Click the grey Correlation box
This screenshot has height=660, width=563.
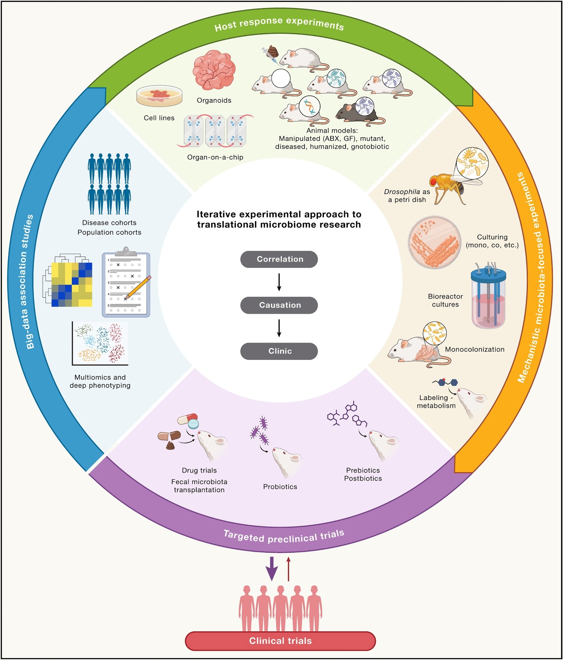click(x=279, y=259)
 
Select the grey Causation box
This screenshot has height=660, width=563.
click(x=279, y=305)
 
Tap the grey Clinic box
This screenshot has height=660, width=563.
click(x=279, y=351)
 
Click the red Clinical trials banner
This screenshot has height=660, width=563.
click(x=280, y=641)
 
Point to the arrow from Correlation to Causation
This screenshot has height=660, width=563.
click(x=279, y=282)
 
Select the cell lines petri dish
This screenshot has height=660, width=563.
click(x=159, y=96)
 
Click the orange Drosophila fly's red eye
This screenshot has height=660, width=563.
click(x=433, y=181)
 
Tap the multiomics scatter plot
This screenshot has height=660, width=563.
click(x=100, y=343)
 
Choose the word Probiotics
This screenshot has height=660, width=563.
click(x=280, y=487)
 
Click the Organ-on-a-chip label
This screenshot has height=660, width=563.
click(x=215, y=157)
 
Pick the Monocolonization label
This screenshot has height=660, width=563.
click(x=475, y=349)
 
